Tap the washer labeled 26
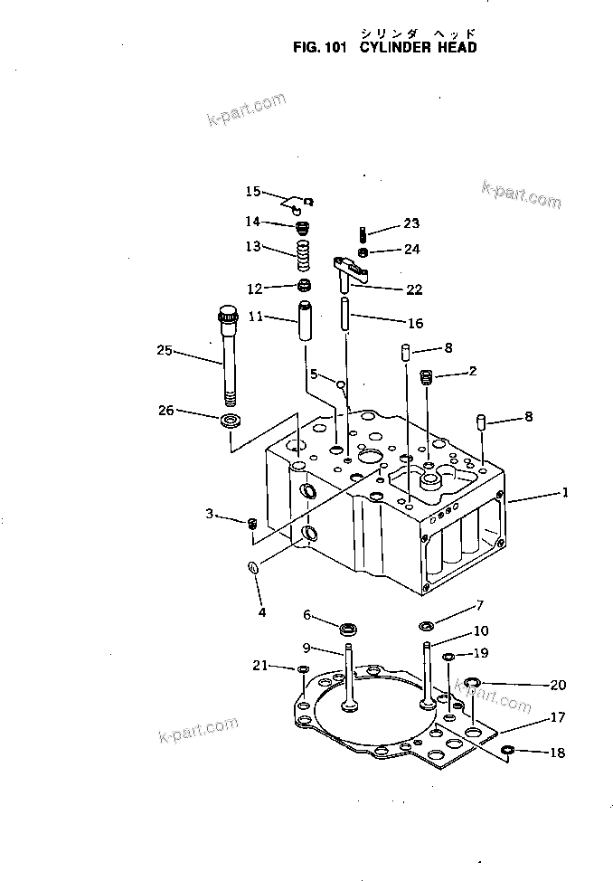coord(230,420)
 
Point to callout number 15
coord(252,191)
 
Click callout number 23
coord(411,223)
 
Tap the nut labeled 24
coord(362,251)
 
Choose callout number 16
coord(415,323)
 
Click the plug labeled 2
coord(428,376)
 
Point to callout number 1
coord(565,493)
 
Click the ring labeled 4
coord(254,568)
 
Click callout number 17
coord(557,717)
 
